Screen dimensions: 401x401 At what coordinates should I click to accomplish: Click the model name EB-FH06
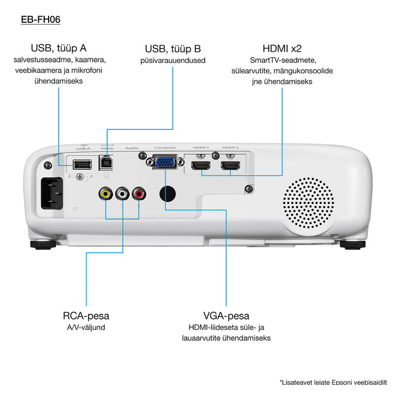pyautogui.click(x=40, y=19)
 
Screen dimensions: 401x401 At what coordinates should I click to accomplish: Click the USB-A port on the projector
pyautogui.click(x=82, y=164)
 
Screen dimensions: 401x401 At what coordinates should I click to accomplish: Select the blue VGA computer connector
pyautogui.click(x=165, y=163)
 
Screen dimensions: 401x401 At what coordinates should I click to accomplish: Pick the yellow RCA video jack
pyautogui.click(x=105, y=194)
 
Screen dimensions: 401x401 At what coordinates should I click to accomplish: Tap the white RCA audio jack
pyautogui.click(x=123, y=194)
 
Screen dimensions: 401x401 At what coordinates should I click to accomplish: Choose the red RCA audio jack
pyautogui.click(x=139, y=194)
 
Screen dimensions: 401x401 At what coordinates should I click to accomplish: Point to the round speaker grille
pyautogui.click(x=308, y=201)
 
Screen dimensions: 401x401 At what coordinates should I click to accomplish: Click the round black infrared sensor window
pyautogui.click(x=167, y=193)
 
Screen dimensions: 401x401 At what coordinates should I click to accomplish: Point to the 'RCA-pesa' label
pyautogui.click(x=86, y=316)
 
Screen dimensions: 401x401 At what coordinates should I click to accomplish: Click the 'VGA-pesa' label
pyautogui.click(x=226, y=316)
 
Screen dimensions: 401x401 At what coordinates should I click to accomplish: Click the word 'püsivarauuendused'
pyautogui.click(x=173, y=60)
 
